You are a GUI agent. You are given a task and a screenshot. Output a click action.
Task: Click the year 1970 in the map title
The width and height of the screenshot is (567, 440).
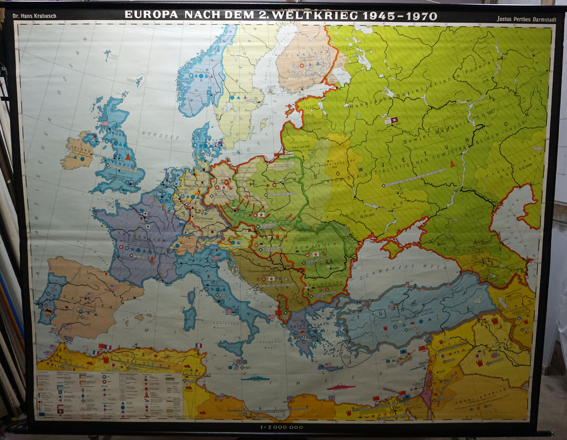coord(422,16)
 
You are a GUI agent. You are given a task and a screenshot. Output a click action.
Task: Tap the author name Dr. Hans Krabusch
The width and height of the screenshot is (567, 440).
coord(34,16)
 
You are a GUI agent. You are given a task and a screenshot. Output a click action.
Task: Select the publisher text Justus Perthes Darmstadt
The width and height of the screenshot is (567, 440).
coord(526,19)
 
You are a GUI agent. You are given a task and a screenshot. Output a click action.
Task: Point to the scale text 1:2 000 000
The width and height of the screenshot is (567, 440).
coord(282,427)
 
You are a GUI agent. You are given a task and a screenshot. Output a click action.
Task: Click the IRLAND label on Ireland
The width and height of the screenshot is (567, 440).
coord(82,150)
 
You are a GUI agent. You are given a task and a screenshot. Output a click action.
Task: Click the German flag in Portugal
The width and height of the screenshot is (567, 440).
coord(49,312)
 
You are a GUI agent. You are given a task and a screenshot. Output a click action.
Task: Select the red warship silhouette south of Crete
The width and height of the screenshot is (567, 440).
coord(341,387)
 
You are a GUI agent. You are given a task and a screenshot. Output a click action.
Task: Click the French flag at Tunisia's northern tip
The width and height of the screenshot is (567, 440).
coord(199,345)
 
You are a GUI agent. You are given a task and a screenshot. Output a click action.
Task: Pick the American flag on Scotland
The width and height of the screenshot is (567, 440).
coord(105,124)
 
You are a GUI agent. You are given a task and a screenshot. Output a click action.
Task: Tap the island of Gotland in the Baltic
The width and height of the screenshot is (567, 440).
coord(264,124)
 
